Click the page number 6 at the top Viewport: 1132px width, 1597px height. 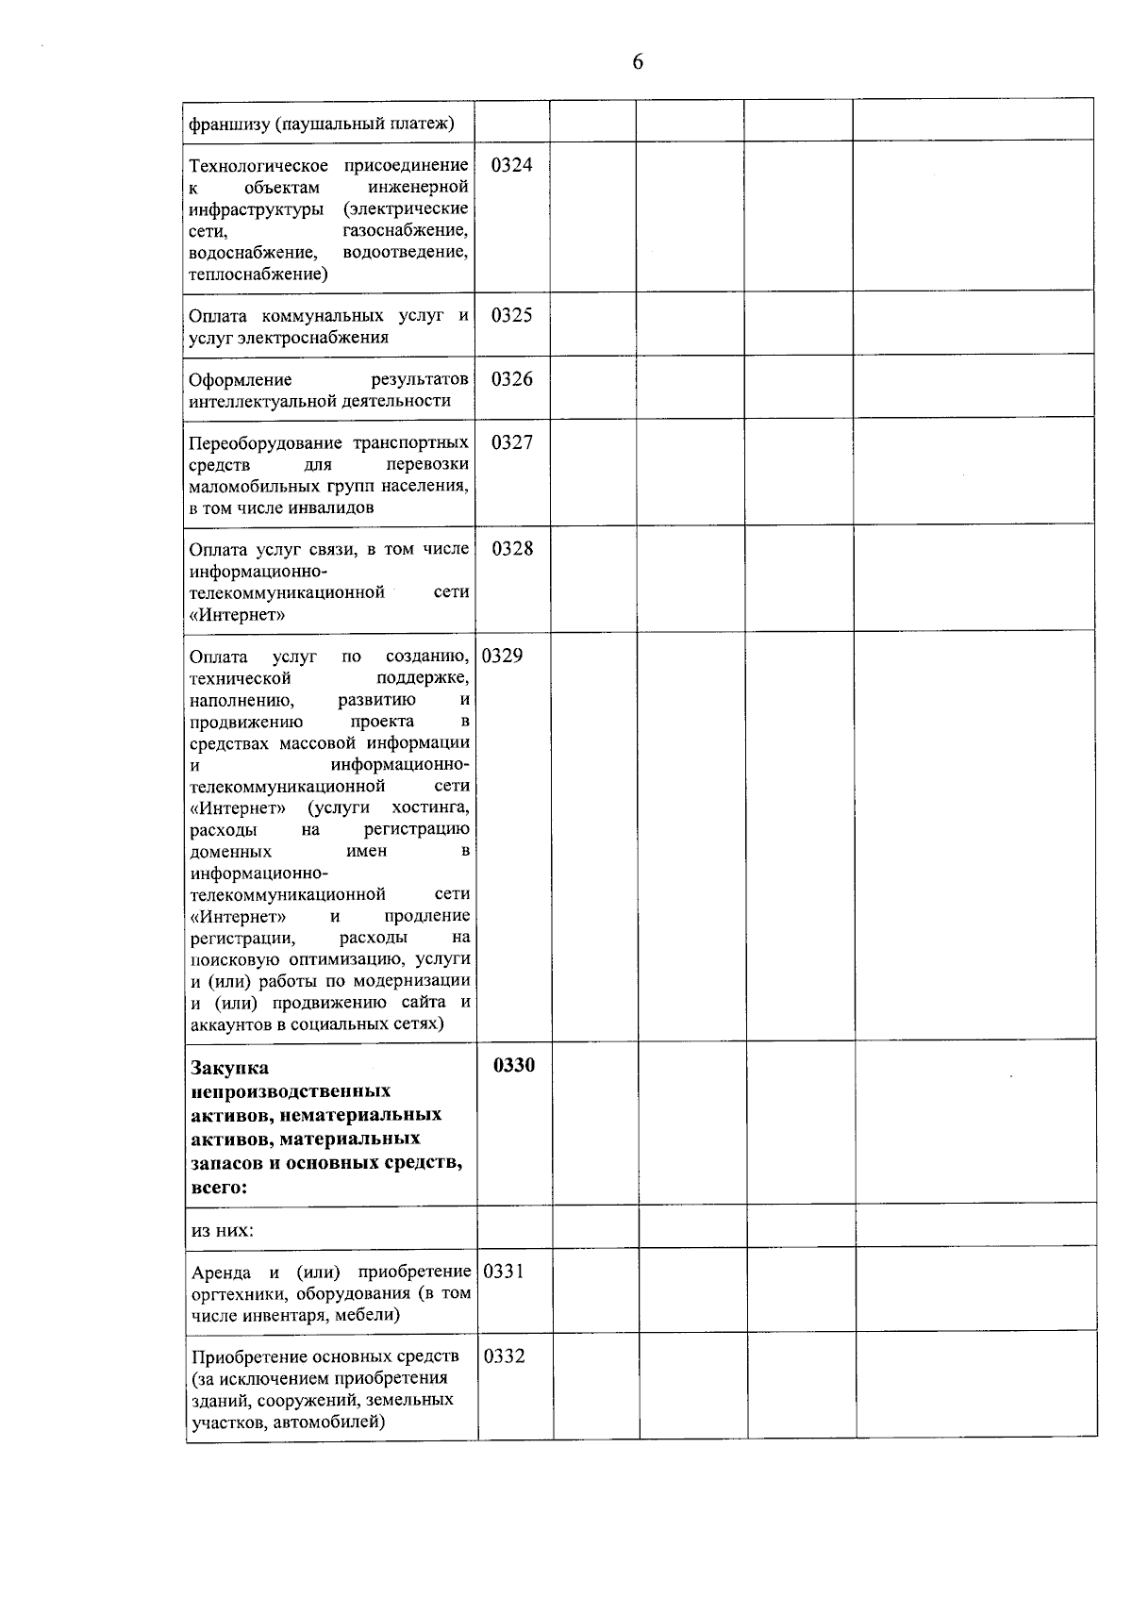click(638, 62)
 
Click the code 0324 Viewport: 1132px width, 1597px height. click(511, 165)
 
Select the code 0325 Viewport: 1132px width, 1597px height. click(511, 315)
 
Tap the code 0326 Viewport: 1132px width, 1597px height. click(511, 379)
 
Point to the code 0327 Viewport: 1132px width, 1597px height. click(511, 442)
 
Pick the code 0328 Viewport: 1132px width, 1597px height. click(511, 549)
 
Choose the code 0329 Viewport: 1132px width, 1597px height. click(503, 656)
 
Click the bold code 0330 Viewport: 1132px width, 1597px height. click(514, 1065)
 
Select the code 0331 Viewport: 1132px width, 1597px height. click(504, 1271)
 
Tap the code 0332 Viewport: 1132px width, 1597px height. click(504, 1356)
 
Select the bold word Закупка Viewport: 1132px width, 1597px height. click(229, 1068)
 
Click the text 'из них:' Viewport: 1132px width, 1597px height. click(223, 1230)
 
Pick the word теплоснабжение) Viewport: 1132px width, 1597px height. click(258, 274)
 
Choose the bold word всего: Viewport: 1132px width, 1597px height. click(219, 1188)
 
